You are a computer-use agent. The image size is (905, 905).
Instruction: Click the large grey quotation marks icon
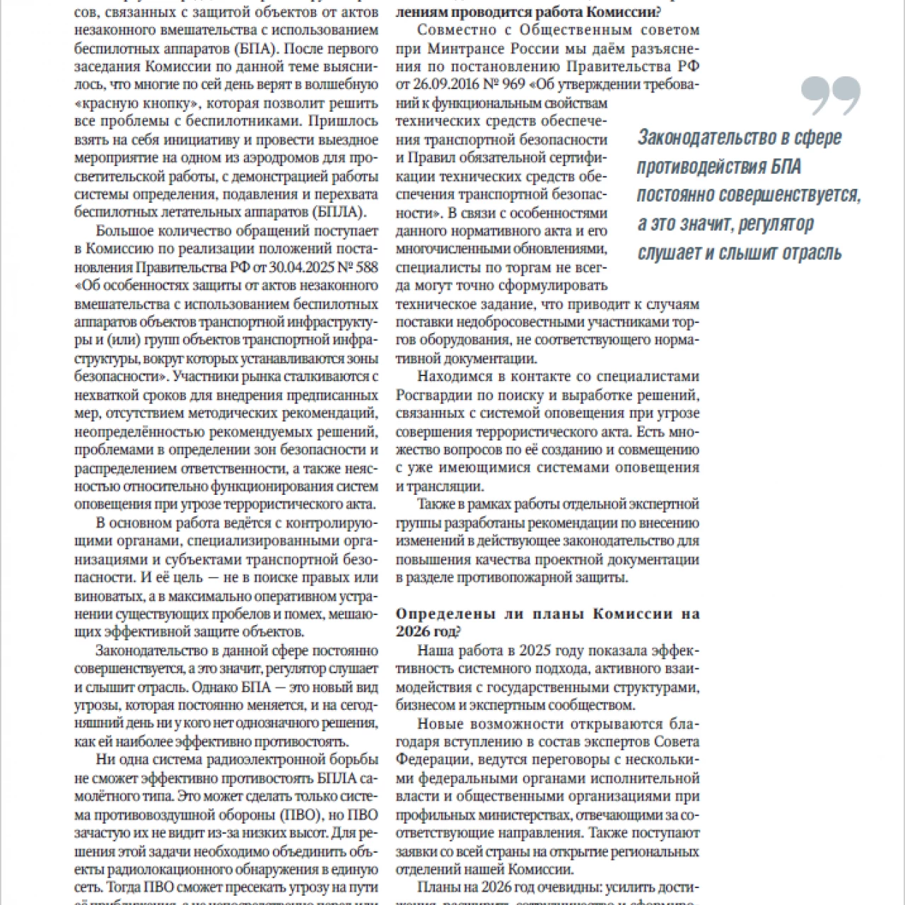click(x=831, y=96)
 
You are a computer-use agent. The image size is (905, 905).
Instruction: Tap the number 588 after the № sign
click(x=366, y=268)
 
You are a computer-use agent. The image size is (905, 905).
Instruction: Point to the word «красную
click(x=106, y=102)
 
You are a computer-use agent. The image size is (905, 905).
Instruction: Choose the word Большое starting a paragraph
click(x=122, y=231)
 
